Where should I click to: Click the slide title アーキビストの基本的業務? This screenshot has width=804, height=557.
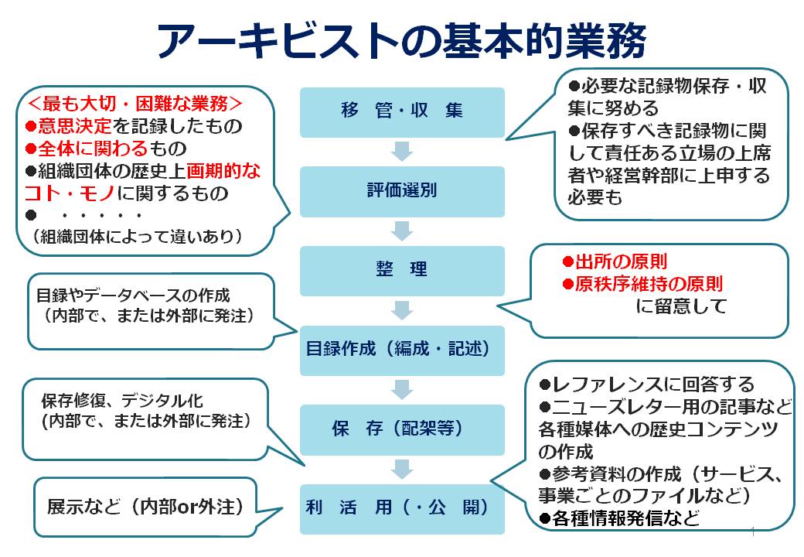pyautogui.click(x=401, y=41)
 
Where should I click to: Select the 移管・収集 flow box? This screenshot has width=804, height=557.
pyautogui.click(x=402, y=112)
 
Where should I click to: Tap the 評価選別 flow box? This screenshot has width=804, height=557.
pyautogui.click(x=402, y=191)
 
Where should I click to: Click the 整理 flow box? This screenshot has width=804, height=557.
pyautogui.click(x=402, y=271)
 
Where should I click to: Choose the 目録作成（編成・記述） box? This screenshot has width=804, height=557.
pyautogui.click(x=402, y=350)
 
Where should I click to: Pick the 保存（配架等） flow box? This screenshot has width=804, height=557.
pyautogui.click(x=402, y=430)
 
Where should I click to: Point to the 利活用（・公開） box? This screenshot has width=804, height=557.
pyautogui.click(x=402, y=509)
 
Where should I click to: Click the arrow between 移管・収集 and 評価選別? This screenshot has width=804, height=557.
pyautogui.click(x=402, y=152)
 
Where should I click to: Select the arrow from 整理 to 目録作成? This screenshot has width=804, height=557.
pyautogui.click(x=402, y=310)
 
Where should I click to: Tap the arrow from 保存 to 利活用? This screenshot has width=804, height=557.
pyautogui.click(x=402, y=470)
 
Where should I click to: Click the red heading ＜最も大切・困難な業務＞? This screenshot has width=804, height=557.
pyautogui.click(x=135, y=104)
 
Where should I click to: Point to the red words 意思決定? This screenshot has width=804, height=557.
pyautogui.click(x=74, y=125)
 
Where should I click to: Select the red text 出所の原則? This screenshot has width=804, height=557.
pyautogui.click(x=621, y=261)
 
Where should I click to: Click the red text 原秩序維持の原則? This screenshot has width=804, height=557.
pyautogui.click(x=649, y=284)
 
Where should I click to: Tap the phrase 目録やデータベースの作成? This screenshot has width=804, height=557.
pyautogui.click(x=133, y=296)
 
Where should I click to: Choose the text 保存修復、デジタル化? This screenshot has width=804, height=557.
pyautogui.click(x=122, y=401)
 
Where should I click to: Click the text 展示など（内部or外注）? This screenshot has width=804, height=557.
pyautogui.click(x=145, y=507)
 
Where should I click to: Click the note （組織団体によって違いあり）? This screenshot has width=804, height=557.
pyautogui.click(x=136, y=237)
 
